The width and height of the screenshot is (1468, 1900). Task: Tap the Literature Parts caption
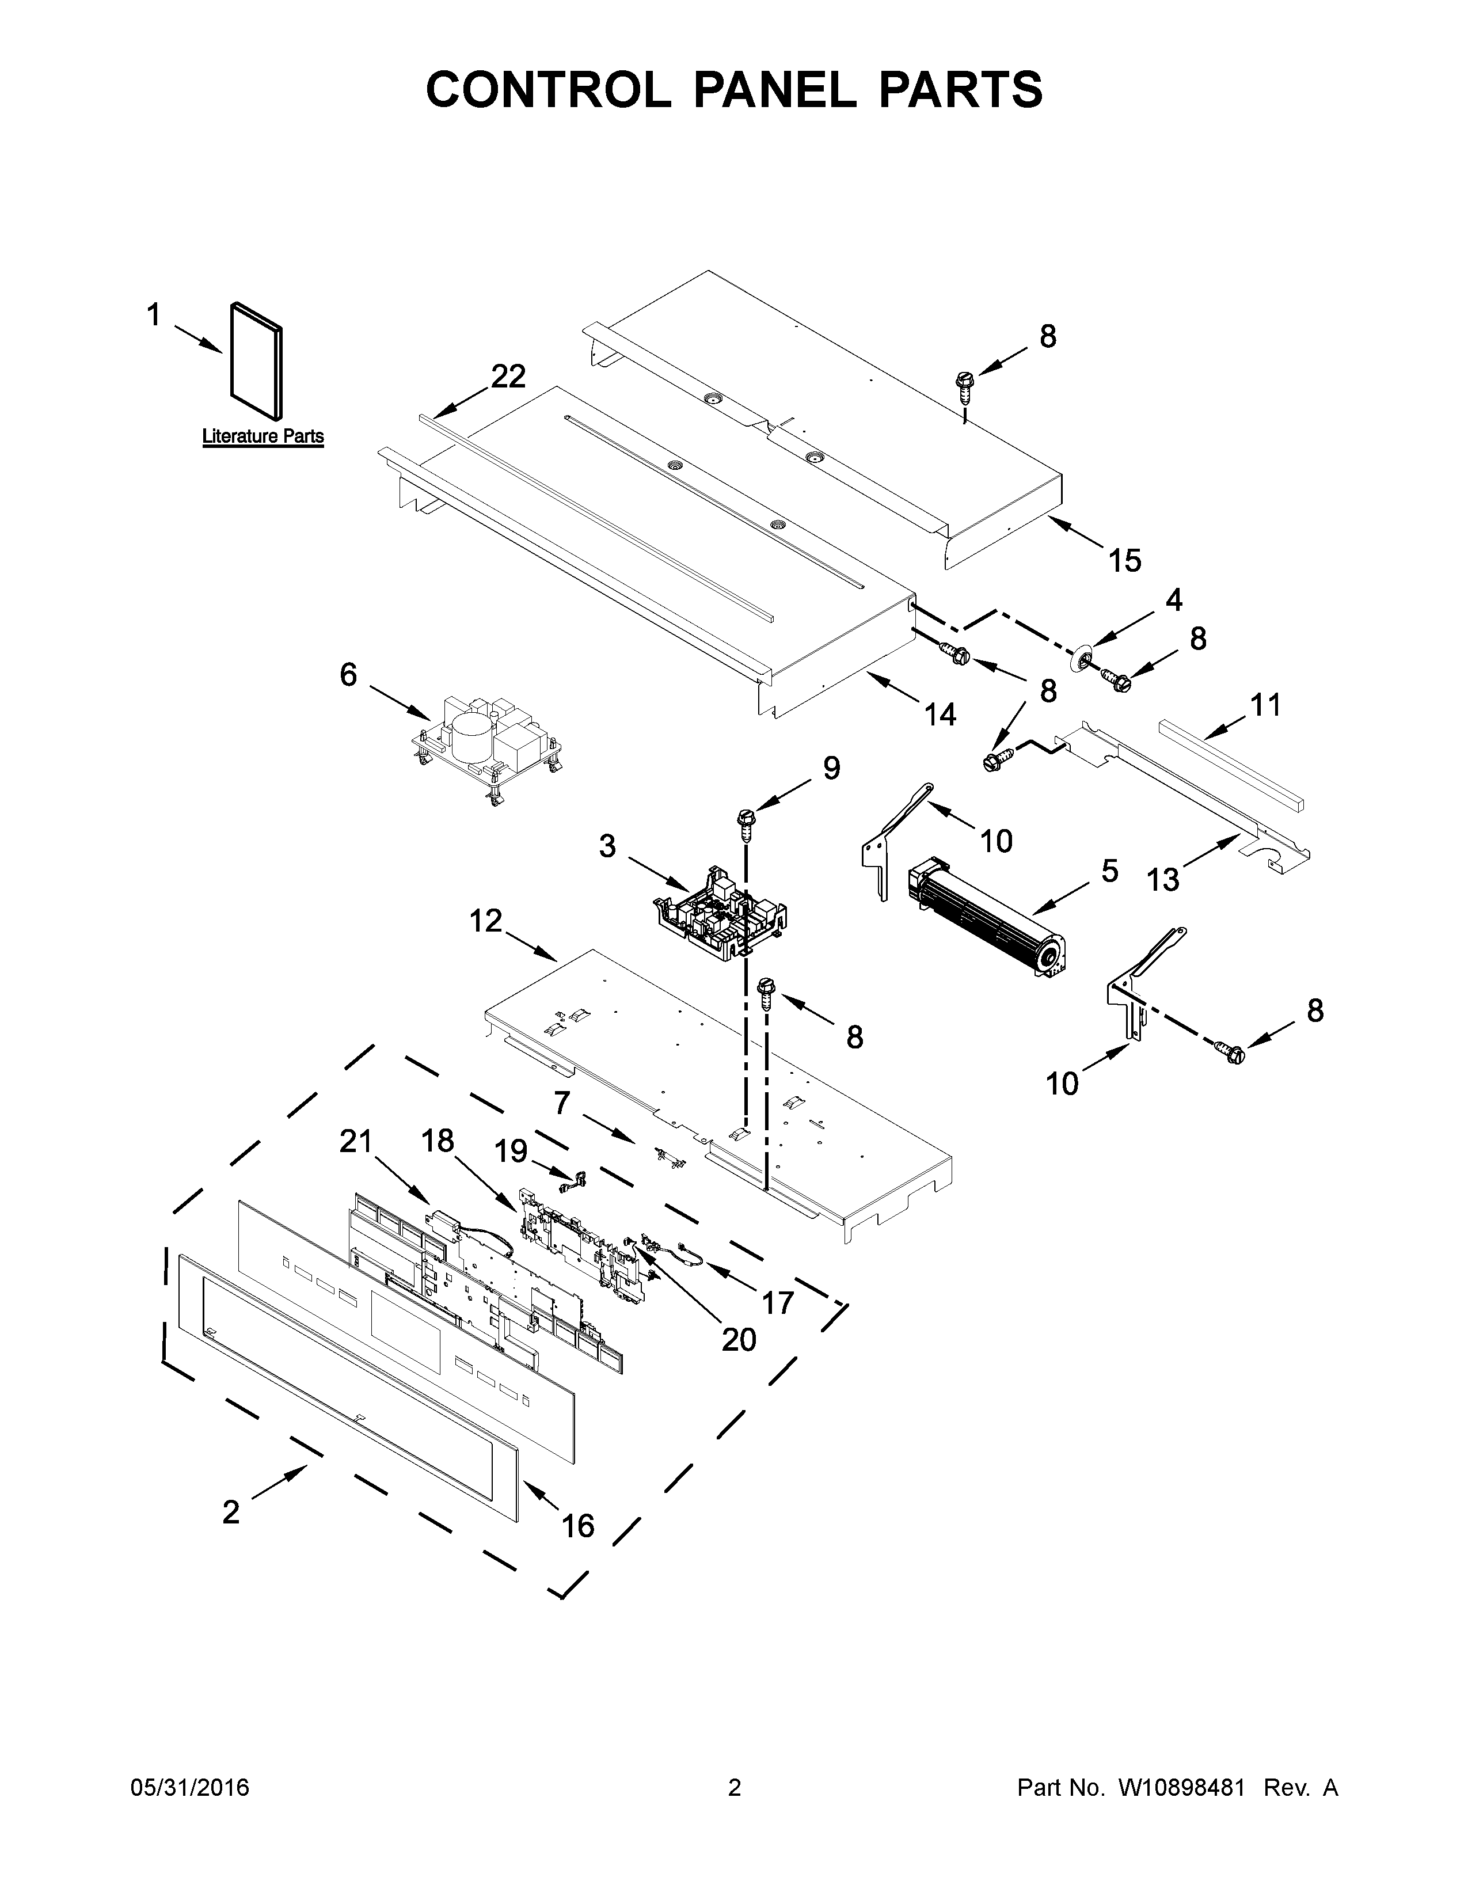(x=263, y=437)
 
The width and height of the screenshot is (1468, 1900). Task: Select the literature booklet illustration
(x=257, y=359)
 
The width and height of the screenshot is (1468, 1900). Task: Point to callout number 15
(x=1124, y=560)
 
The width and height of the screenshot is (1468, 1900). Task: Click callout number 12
(x=486, y=921)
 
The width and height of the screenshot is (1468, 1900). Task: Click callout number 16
(x=577, y=1525)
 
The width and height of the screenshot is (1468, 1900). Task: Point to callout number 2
(x=230, y=1512)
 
